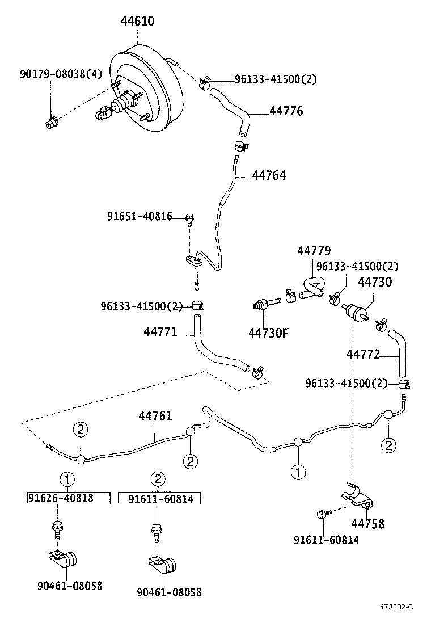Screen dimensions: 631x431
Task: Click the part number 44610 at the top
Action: coord(137,22)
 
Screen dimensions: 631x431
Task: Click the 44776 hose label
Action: coord(286,111)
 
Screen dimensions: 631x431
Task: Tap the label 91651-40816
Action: coord(140,216)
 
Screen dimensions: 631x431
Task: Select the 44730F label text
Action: coord(268,333)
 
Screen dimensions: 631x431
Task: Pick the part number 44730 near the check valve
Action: coord(374,281)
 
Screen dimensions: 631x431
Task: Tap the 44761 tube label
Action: coord(155,417)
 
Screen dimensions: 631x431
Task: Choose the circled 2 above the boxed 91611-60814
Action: coord(158,479)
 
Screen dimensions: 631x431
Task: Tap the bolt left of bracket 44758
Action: coord(321,515)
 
